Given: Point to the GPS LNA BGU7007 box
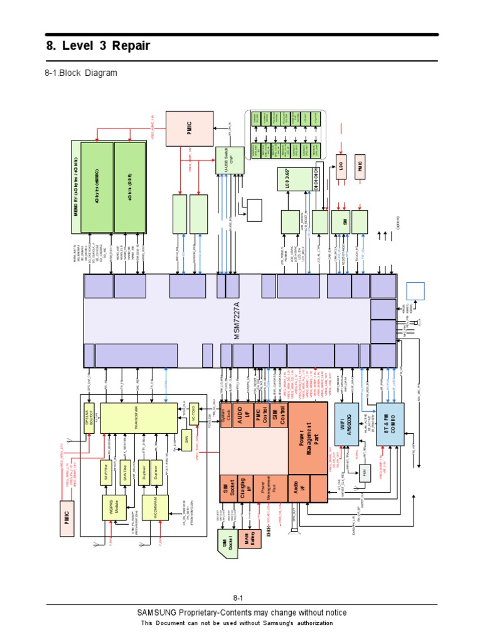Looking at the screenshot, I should (89, 414).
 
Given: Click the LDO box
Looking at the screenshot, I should (341, 168).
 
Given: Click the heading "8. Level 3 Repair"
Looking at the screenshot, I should (99, 47).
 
